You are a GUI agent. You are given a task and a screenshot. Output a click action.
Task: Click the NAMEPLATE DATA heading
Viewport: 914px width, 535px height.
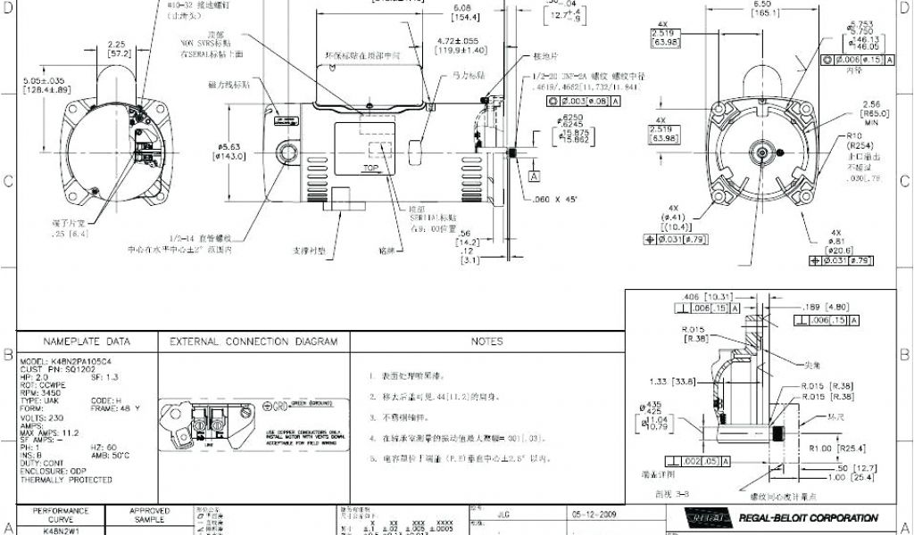pos(87,342)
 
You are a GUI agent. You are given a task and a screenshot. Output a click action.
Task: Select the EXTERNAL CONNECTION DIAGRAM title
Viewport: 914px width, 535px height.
pos(253,342)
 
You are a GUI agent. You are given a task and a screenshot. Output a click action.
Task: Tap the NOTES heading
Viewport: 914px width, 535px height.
pos(486,342)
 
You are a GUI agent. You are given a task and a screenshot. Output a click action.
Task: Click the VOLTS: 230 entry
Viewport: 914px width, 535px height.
pos(39,416)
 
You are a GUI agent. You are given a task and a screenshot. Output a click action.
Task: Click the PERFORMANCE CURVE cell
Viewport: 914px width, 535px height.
pos(61,514)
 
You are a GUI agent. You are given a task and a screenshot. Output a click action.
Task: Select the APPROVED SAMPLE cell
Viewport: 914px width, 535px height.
pos(149,514)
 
